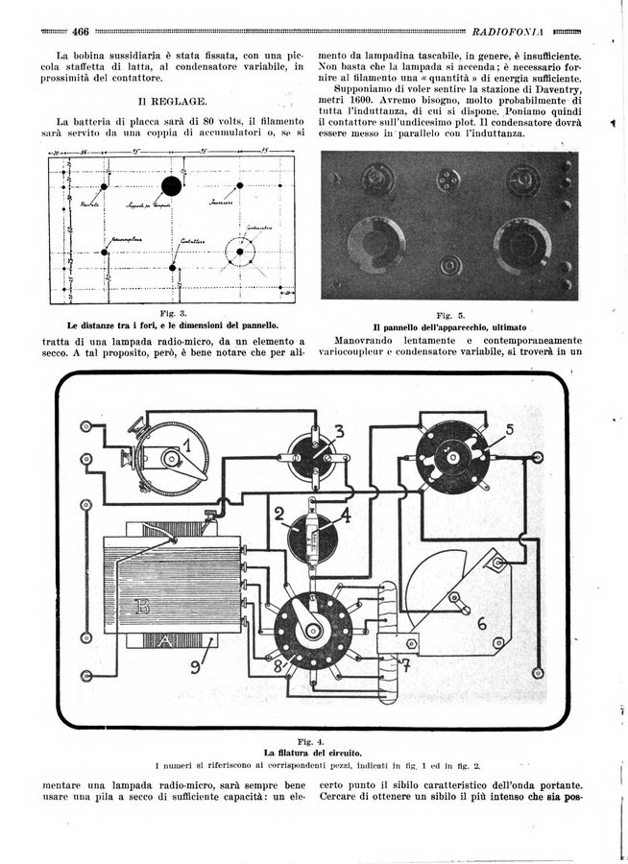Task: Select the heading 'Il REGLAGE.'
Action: point(172,99)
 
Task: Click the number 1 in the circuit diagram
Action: point(186,446)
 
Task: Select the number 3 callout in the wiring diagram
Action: point(339,429)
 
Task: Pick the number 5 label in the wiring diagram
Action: point(510,427)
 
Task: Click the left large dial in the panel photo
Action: point(374,242)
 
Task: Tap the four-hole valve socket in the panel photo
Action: point(446,180)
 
